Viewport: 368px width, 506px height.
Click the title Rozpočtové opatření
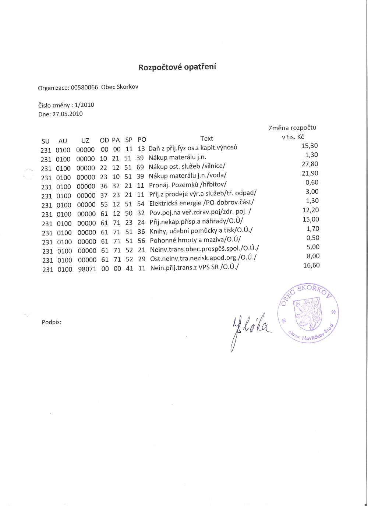coord(177,67)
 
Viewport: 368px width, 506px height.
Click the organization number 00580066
coord(84,88)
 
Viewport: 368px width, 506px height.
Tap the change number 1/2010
coord(84,105)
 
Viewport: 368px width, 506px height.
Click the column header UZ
coord(85,141)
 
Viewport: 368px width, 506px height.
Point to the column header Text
coord(206,139)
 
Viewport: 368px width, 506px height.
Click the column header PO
coord(142,140)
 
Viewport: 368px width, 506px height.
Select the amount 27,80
coord(310,164)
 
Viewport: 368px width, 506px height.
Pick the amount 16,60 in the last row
coord(311,265)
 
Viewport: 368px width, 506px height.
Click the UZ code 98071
coord(87,269)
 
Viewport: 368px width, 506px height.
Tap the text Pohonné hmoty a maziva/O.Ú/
coord(195,240)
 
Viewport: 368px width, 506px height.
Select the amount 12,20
coord(311,210)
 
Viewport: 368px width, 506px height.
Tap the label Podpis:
coord(52,322)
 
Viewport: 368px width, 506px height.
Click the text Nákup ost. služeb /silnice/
coord(187,166)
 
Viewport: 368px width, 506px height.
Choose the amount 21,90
coord(310,173)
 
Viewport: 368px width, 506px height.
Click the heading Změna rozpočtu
coord(292,128)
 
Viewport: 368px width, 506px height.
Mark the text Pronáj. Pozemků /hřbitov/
coord(188,185)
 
